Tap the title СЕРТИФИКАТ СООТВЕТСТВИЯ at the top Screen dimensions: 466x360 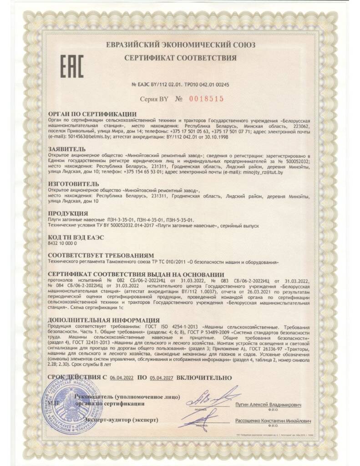click(180, 58)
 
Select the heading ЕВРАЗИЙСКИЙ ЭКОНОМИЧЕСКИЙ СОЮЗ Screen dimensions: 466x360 click(180, 45)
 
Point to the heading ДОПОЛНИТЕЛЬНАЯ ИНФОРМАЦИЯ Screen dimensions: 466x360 click(104, 320)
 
